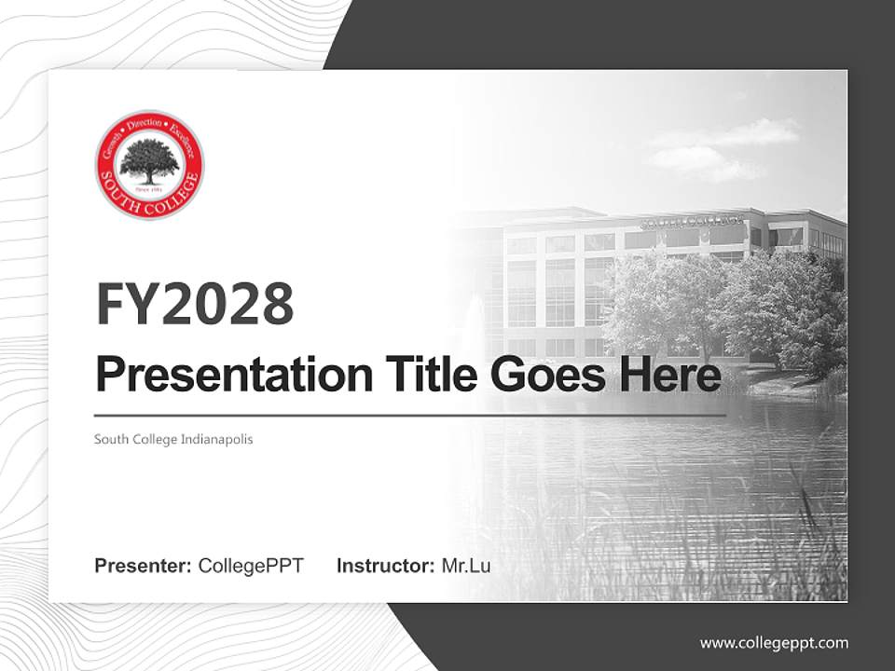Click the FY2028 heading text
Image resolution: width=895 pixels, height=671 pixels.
[x=195, y=304]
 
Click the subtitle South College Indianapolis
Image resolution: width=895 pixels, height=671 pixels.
[x=173, y=439]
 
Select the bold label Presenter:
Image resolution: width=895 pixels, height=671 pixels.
[x=144, y=566]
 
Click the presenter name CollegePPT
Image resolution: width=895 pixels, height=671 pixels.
[x=251, y=566]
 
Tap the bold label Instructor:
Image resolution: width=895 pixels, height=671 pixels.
[x=385, y=566]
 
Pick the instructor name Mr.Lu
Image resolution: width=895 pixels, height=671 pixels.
[x=466, y=566]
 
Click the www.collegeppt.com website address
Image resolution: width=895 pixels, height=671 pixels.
[x=774, y=642]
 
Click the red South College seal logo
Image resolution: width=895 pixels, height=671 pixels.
[x=149, y=165]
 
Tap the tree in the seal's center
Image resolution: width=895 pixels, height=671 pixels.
[x=149, y=160]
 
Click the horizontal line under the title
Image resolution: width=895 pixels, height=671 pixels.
[x=410, y=415]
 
